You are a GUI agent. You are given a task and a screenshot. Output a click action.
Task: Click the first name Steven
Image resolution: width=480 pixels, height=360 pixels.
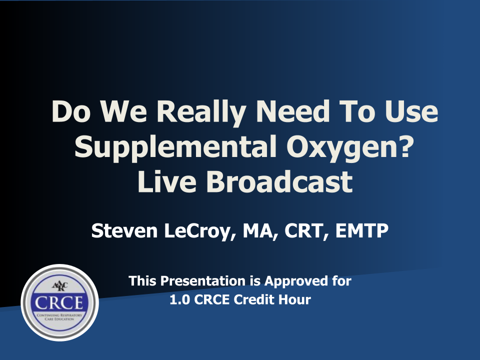[124, 230]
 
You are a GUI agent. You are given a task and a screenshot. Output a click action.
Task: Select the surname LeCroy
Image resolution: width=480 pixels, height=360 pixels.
[199, 231]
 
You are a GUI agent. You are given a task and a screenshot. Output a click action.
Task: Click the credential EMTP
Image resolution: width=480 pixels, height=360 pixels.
[362, 230]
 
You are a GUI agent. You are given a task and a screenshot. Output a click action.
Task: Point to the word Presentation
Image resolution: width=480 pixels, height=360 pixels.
[202, 281]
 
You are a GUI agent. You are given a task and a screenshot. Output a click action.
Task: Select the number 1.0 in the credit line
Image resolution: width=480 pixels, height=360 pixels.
[179, 299]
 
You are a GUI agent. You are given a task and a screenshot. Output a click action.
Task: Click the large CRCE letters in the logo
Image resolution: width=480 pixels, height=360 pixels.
[59, 303]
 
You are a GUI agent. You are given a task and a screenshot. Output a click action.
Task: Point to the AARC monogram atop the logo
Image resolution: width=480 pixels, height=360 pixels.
[59, 286]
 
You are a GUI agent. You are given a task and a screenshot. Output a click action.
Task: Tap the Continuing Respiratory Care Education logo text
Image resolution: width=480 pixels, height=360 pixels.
[59, 317]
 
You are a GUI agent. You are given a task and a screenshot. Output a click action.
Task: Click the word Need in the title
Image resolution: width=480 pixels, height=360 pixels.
[293, 111]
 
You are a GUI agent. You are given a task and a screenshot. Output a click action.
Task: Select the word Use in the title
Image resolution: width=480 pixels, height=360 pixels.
[411, 111]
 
